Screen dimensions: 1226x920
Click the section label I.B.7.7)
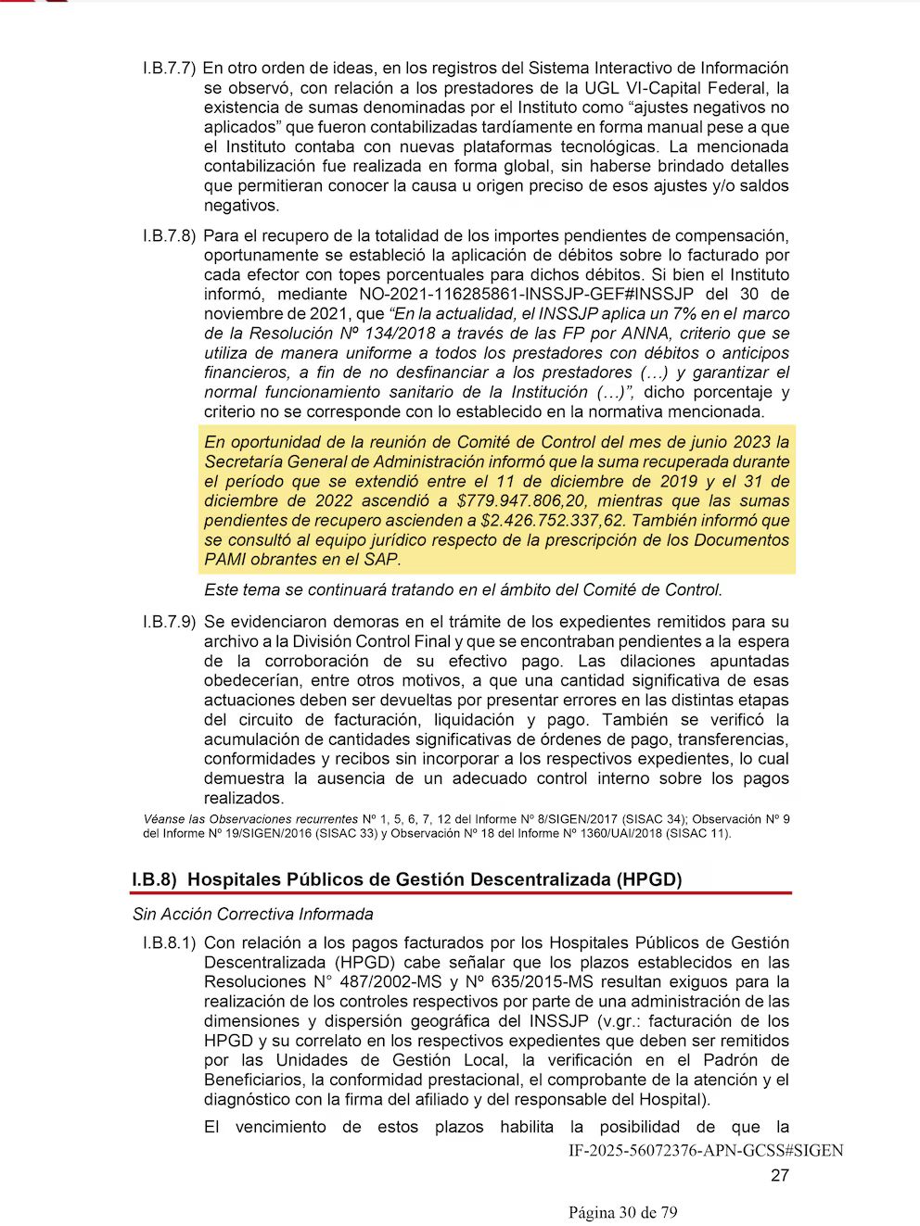click(168, 69)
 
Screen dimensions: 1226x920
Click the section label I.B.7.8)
click(168, 235)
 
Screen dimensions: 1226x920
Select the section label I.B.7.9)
click(168, 622)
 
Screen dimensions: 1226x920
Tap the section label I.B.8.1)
click(168, 942)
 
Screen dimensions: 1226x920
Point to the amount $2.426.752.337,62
click(553, 521)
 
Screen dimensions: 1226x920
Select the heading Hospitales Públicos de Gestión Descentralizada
click(434, 879)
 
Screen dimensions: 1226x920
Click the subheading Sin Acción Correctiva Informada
click(252, 915)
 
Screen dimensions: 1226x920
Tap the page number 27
click(780, 1176)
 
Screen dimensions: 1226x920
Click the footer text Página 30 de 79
click(623, 1213)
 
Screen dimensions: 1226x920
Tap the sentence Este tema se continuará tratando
click(462, 590)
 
